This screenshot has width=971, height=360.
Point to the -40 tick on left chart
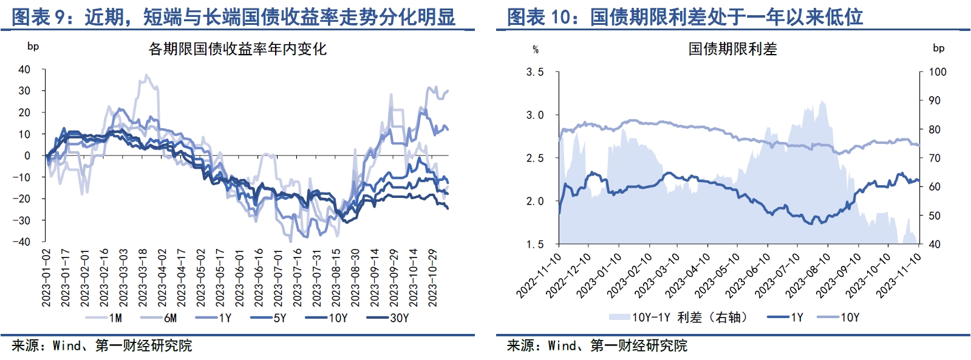click(x=24, y=242)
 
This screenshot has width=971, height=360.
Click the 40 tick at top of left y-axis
click(x=24, y=69)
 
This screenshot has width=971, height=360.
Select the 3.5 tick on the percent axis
click(x=534, y=72)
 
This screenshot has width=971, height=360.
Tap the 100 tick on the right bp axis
click(x=938, y=72)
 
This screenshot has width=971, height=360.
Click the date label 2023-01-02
click(x=46, y=277)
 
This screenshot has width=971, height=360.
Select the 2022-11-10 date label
click(x=539, y=276)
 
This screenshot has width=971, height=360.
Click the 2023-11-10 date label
click(x=899, y=276)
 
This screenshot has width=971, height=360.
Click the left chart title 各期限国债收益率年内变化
click(x=237, y=49)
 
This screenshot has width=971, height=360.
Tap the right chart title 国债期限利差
click(x=732, y=49)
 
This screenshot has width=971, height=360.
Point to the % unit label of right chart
click(x=536, y=49)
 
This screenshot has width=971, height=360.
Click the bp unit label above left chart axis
click(x=33, y=46)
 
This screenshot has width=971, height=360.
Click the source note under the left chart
click(x=101, y=345)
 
